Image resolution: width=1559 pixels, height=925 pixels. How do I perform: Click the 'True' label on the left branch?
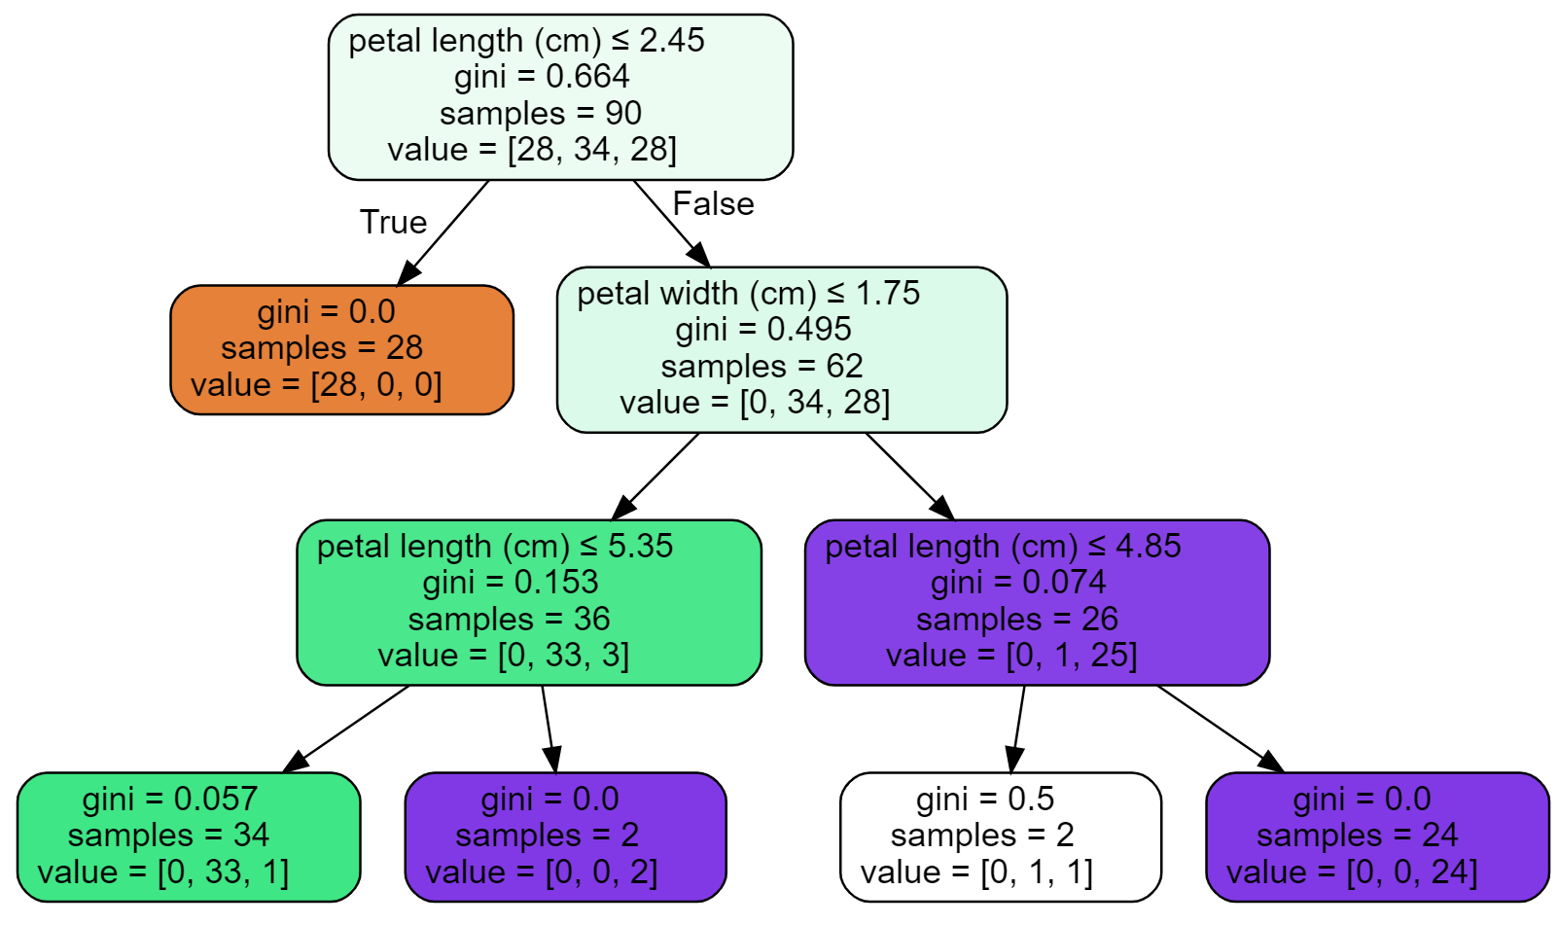(393, 222)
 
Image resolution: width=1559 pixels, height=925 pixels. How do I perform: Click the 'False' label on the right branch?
(713, 203)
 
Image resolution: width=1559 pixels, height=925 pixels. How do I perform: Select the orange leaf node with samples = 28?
(341, 349)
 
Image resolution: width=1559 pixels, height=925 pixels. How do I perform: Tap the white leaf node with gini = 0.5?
(1000, 836)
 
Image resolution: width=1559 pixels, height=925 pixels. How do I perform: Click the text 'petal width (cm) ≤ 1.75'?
(748, 293)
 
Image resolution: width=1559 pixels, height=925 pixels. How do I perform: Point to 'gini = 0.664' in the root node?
(542, 76)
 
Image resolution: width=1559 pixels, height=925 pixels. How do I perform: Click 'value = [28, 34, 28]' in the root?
(532, 149)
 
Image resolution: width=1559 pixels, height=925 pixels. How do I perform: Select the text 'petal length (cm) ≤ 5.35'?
(494, 546)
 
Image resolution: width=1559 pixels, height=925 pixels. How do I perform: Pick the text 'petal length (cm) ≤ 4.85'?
(1003, 546)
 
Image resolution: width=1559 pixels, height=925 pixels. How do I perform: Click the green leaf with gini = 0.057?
(188, 836)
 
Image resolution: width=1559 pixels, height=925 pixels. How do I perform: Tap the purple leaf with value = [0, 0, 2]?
(565, 836)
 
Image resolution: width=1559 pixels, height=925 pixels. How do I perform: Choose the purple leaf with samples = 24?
(1376, 836)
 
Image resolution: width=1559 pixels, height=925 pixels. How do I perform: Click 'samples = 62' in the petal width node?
(762, 366)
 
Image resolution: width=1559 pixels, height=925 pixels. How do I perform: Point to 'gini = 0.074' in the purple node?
(1018, 582)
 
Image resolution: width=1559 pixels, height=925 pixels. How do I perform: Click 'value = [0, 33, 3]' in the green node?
(504, 655)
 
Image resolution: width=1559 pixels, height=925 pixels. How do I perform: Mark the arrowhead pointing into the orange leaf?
(407, 273)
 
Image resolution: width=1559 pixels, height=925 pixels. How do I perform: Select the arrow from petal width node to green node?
(655, 476)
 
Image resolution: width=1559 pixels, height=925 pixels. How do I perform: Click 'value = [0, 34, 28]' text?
(755, 402)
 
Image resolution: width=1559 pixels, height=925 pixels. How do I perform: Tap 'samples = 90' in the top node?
(541, 113)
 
